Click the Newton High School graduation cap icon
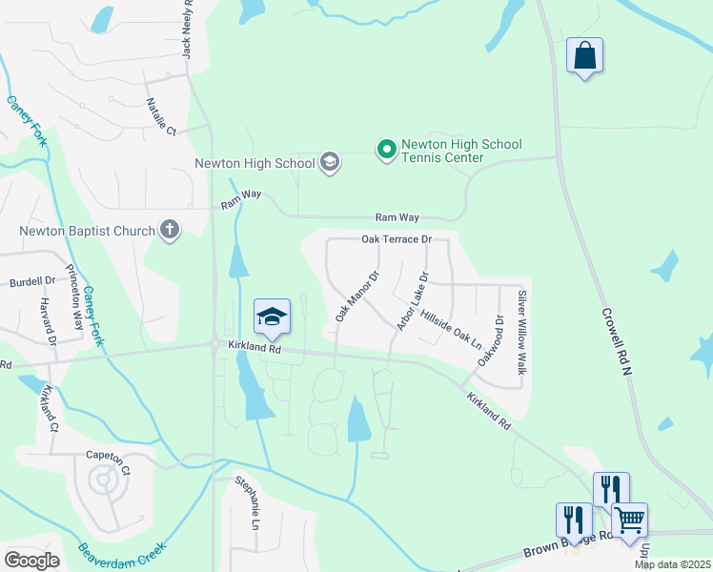(330, 162)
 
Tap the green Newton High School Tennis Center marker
(386, 150)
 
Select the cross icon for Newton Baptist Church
(170, 230)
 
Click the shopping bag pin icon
(584, 55)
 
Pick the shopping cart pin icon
(629, 521)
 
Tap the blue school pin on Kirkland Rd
(272, 317)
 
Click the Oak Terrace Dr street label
(397, 239)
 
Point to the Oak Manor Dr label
(357, 296)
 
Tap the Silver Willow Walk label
(521, 331)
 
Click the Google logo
(31, 561)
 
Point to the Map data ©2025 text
(671, 564)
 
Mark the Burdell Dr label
(32, 282)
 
